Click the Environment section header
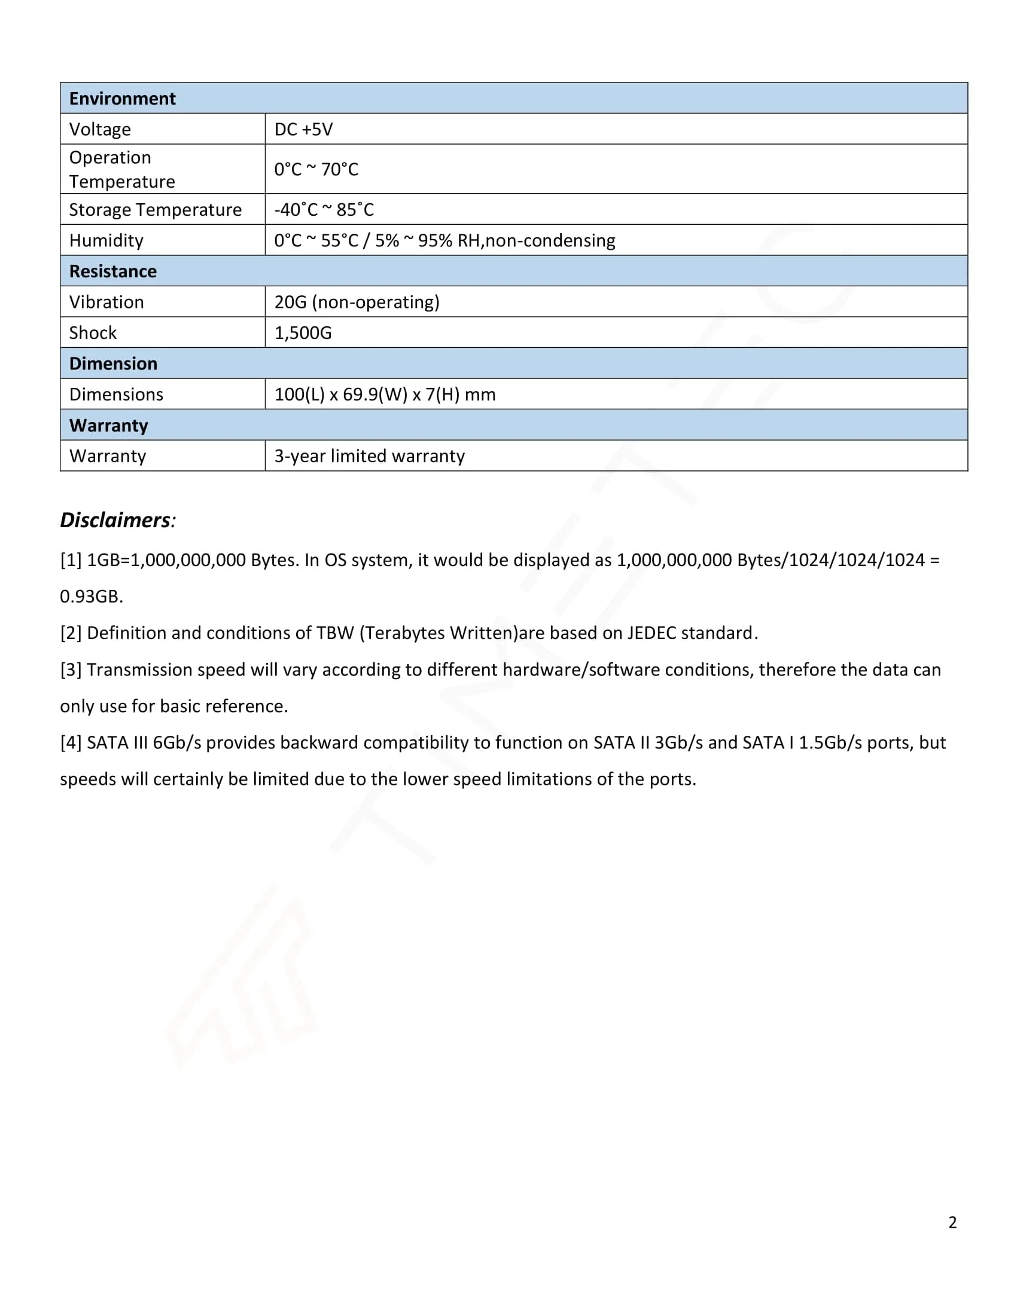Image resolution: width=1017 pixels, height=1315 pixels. pos(122,98)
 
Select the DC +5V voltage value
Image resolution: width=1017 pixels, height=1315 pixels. pos(303,130)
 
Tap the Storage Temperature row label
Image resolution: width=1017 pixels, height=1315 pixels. pos(155,210)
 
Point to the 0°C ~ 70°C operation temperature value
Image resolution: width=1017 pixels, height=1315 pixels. pos(316,169)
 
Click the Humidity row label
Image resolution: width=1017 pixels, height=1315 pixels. pos(106,240)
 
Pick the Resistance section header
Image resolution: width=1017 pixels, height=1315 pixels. pos(112,271)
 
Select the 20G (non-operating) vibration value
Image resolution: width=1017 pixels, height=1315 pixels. pos(357,302)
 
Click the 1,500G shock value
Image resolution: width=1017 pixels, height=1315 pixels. pos(303,332)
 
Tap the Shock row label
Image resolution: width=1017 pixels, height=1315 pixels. pos(93,332)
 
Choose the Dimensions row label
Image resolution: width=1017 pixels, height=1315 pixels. pos(115,395)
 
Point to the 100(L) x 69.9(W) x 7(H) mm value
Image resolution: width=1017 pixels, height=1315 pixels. pos(385,395)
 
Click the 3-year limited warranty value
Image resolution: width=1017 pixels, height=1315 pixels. pos(369,456)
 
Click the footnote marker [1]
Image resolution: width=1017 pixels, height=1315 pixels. pos(71,560)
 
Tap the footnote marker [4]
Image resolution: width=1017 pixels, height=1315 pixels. pos(71,742)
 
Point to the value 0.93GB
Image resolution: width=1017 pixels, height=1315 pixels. pos(91,596)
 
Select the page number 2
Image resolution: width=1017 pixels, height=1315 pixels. pos(952,1222)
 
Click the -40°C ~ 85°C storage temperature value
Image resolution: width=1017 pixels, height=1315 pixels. pos(324,210)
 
